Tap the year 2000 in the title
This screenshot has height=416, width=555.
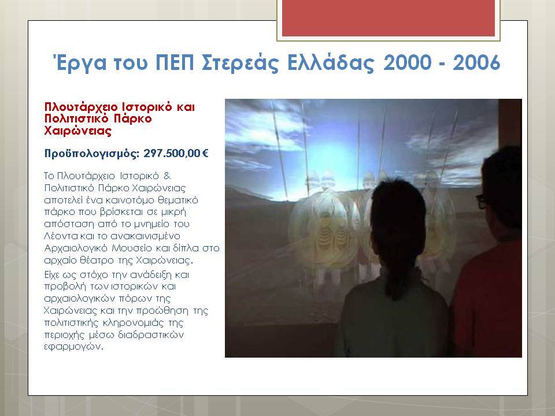pos(408,62)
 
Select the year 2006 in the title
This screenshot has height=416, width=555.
pos(476,62)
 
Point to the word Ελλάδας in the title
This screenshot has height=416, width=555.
pos(331,63)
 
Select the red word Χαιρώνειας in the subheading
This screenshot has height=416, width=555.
pos(78,131)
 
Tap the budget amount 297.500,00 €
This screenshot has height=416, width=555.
pos(176,154)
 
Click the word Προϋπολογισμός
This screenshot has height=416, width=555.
pos(92,154)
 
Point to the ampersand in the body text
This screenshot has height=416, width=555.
pos(167,176)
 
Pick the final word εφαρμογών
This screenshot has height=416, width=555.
pos(73,347)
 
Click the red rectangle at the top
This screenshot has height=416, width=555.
pos(388,18)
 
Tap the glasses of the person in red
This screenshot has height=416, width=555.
pos(482,202)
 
